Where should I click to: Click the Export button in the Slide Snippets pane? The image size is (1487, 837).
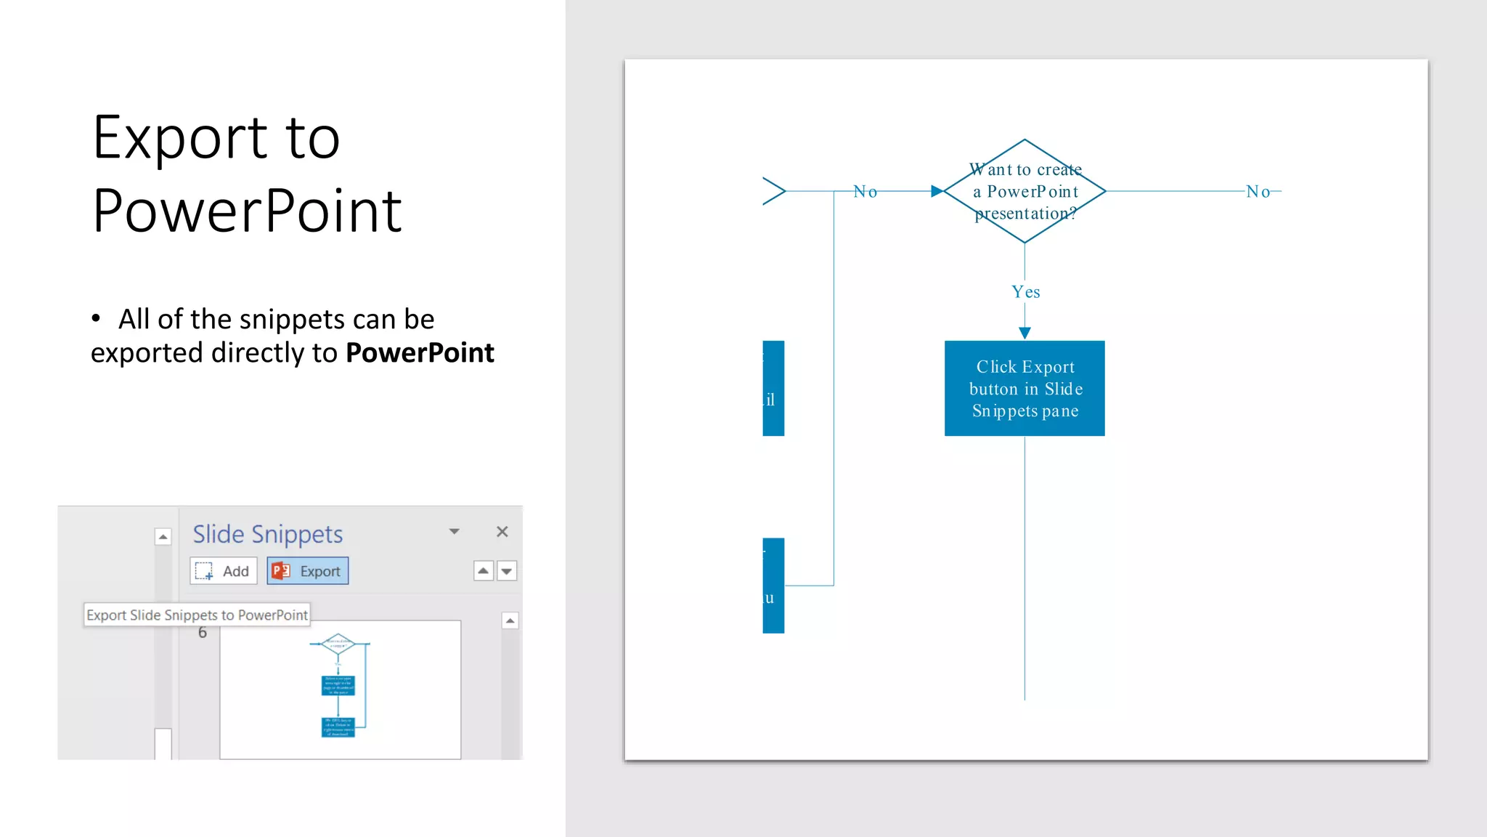(308, 571)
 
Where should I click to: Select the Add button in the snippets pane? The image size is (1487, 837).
(224, 571)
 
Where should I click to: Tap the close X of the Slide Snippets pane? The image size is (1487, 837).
(502, 532)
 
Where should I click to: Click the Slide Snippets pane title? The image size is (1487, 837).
(267, 534)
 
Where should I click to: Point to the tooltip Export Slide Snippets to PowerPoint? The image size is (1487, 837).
(197, 615)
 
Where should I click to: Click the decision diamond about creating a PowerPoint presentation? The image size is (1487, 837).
(1024, 191)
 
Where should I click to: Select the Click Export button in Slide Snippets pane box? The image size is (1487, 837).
(1024, 389)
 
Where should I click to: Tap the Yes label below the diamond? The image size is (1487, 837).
(1025, 292)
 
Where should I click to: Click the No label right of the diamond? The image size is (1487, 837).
(1258, 192)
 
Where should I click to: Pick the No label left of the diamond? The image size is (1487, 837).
(865, 192)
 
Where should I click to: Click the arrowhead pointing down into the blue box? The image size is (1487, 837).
(1024, 333)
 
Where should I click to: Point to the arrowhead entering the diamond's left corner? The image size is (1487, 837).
(937, 191)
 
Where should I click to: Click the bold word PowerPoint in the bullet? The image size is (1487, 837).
(420, 353)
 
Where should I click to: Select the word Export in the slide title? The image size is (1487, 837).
(180, 138)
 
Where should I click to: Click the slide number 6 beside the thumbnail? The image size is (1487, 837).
(203, 633)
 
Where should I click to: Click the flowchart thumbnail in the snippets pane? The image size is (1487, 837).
(340, 689)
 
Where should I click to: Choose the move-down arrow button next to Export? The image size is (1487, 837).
(507, 571)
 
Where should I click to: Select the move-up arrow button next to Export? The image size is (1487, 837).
(483, 571)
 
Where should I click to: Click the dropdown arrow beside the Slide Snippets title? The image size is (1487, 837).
(455, 532)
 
